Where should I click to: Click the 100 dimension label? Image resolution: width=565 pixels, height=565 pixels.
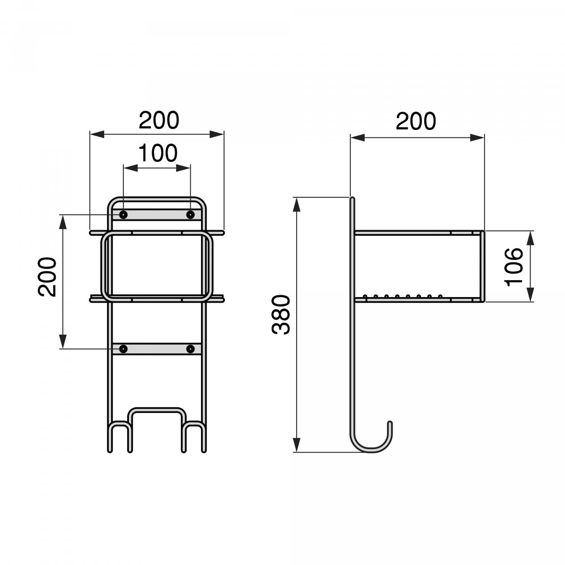tap(157, 153)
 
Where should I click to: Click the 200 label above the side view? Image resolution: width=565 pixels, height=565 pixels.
tap(416, 121)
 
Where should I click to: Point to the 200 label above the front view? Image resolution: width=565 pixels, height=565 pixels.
tap(159, 120)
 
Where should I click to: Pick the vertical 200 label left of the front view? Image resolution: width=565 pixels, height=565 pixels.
tap(48, 277)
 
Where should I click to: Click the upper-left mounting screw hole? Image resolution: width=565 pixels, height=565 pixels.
tap(123, 215)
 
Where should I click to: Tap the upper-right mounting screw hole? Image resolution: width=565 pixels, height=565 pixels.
tap(190, 215)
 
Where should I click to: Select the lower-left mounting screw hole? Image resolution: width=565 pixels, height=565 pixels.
tap(123, 349)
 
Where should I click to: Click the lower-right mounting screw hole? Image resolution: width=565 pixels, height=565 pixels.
tap(190, 349)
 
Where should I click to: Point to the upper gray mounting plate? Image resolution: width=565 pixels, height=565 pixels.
tap(157, 215)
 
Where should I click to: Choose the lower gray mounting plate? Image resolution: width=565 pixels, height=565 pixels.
tap(157, 349)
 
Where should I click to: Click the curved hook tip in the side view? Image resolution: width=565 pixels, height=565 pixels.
tap(390, 425)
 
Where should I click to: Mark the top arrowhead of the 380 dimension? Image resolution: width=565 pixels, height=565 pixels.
tap(297, 204)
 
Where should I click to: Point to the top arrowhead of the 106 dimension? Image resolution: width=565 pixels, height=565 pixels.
tap(531, 237)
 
